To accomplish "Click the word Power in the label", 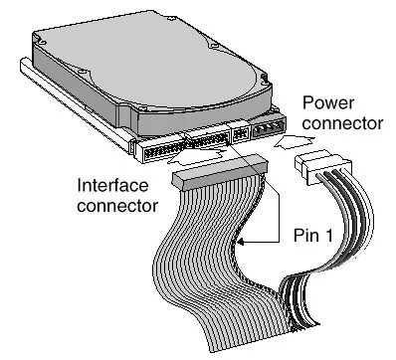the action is click(x=327, y=102).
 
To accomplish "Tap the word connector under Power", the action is click(x=342, y=123).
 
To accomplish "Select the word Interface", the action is click(x=112, y=185).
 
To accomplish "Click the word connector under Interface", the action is click(x=117, y=206).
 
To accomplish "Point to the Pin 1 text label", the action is click(x=312, y=235).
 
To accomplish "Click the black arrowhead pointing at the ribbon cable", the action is click(x=241, y=243).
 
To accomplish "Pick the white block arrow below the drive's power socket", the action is click(x=294, y=143).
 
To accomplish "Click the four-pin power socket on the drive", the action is click(x=269, y=128).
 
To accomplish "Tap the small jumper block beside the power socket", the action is click(x=240, y=133).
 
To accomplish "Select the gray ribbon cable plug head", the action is click(x=220, y=172).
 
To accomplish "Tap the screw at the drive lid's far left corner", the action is click(x=41, y=43).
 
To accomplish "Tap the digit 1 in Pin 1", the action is click(x=327, y=235).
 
